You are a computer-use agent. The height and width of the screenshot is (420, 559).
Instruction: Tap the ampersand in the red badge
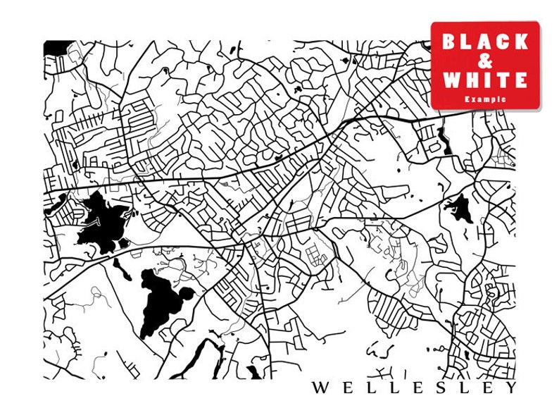tap(485, 61)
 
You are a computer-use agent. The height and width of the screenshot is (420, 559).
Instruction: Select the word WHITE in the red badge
tap(485, 80)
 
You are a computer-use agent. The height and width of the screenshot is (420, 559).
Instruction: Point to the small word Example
tap(485, 99)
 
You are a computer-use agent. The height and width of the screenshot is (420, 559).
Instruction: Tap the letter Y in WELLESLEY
tap(510, 388)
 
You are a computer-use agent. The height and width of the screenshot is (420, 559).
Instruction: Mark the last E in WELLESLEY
tap(487, 388)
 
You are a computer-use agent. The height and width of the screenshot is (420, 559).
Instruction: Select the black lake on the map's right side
tap(460, 207)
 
